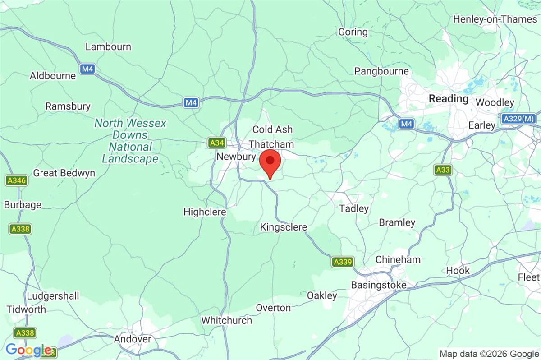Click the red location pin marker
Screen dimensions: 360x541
click(270, 163)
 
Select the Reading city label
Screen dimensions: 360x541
click(449, 98)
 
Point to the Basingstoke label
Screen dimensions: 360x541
click(379, 285)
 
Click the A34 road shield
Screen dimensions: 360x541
click(216, 143)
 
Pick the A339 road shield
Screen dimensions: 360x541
click(343, 262)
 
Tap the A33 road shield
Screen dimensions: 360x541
click(443, 170)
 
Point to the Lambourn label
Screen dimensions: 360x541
click(108, 46)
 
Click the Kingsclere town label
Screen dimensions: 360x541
click(284, 227)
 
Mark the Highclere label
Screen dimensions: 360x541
click(205, 212)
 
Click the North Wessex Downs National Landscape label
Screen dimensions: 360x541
click(130, 141)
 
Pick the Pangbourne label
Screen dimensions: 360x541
click(381, 71)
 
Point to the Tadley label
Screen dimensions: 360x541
click(354, 208)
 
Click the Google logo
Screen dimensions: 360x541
click(28, 350)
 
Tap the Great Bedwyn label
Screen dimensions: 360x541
click(64, 173)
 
